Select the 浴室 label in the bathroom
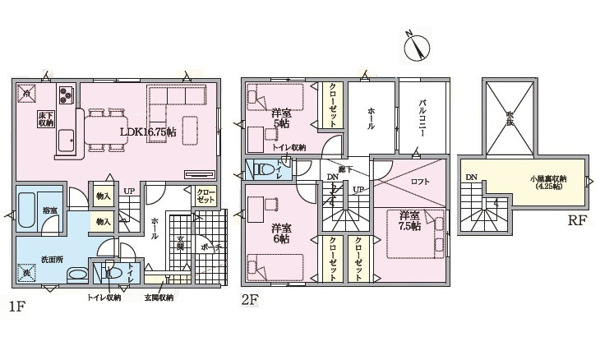51,211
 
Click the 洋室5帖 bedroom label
280,118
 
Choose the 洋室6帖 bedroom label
280,233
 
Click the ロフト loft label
420,182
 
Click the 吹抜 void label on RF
510,120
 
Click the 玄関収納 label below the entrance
159,298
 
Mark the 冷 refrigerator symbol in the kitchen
27,95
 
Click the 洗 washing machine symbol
27,272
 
